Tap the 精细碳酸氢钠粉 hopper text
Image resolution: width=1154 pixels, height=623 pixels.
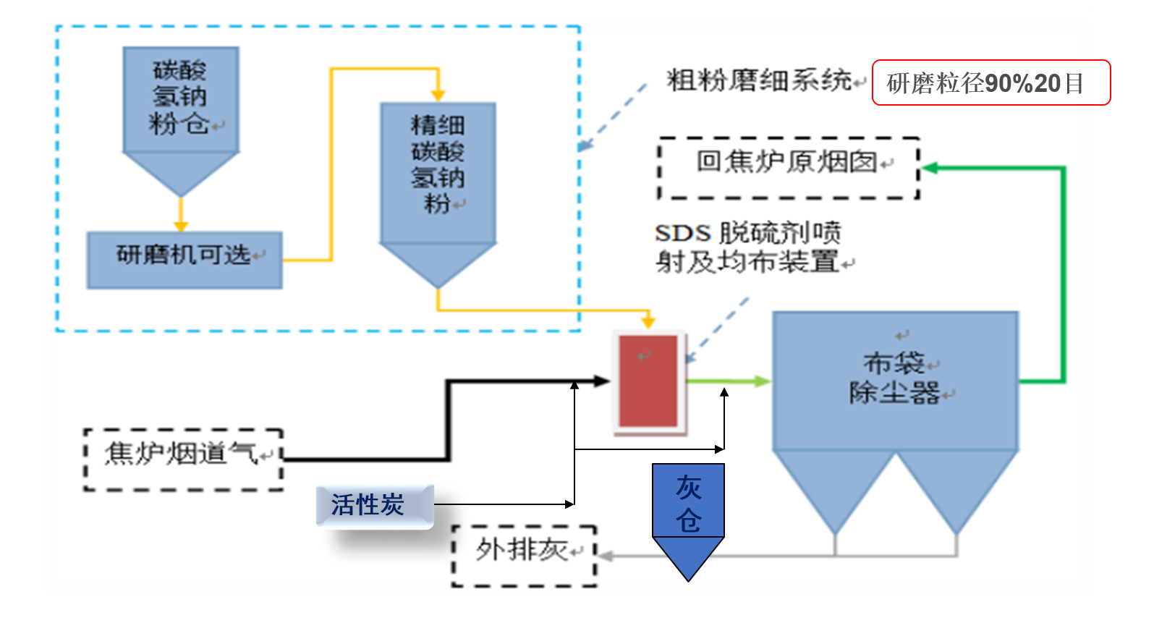click(438, 164)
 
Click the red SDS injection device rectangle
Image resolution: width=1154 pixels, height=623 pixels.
click(648, 381)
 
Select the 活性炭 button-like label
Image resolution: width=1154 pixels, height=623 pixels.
click(374, 505)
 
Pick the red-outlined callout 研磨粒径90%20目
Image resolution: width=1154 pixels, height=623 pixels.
click(990, 82)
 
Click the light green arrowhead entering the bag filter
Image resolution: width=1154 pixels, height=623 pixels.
click(764, 381)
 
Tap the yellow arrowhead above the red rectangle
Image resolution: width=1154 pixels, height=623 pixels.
click(648, 321)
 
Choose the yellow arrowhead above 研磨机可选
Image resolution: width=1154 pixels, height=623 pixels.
click(181, 226)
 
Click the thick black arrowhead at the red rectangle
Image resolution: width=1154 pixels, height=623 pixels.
click(602, 380)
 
